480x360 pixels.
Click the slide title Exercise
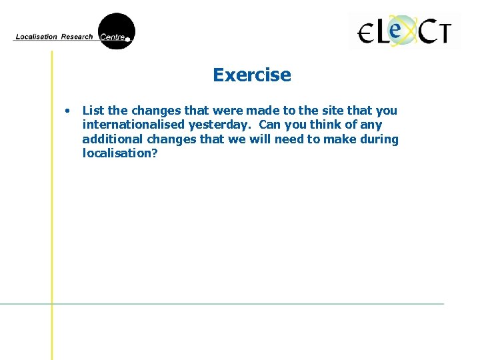coord(252,75)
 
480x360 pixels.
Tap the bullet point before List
coord(67,111)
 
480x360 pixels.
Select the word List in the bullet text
coord(93,111)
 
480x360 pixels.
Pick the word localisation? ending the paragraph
coord(120,153)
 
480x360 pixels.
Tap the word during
coord(379,139)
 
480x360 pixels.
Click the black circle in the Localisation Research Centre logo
coord(116,31)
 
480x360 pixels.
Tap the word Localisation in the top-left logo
coord(36,37)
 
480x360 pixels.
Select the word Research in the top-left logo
coord(77,37)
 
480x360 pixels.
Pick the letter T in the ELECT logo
coord(441,32)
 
